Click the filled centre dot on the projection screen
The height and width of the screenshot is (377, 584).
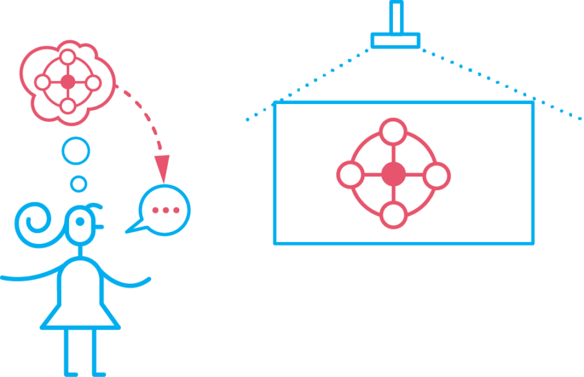click(394, 174)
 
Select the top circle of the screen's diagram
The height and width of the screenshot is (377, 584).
click(394, 132)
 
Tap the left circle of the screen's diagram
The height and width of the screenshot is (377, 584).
click(350, 175)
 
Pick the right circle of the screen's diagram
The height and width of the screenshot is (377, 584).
click(436, 176)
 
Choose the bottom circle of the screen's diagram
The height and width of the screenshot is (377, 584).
click(394, 215)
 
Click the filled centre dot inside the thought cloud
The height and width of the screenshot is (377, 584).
click(68, 82)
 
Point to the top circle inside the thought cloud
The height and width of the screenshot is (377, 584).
click(68, 57)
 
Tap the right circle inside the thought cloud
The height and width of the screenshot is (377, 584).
click(93, 83)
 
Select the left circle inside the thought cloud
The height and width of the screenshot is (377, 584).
click(42, 82)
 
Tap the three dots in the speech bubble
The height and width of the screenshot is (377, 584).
click(165, 210)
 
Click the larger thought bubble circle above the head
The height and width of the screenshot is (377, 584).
click(76, 150)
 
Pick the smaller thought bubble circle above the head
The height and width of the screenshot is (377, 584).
click(78, 184)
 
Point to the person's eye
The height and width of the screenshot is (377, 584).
click(81, 222)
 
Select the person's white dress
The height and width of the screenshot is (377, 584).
click(80, 295)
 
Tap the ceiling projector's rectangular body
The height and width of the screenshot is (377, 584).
click(396, 40)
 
